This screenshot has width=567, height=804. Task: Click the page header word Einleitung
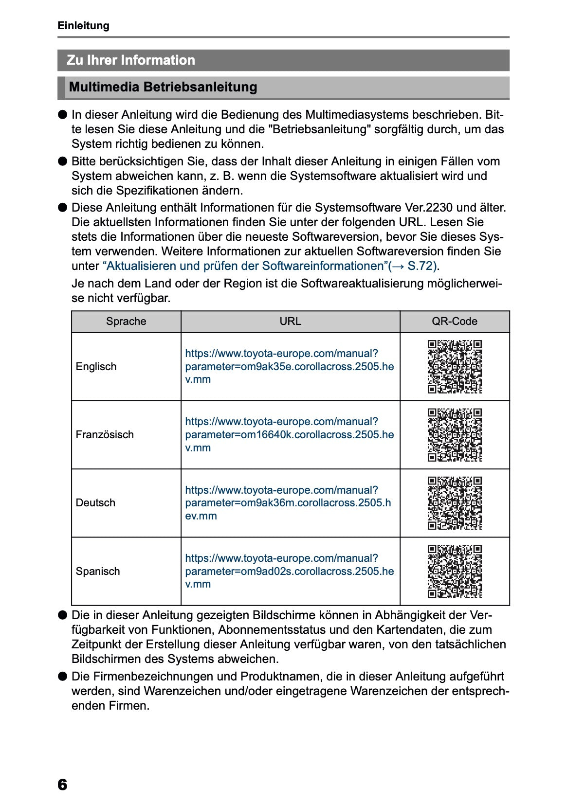coord(83,26)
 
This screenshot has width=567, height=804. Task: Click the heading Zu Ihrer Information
coord(130,60)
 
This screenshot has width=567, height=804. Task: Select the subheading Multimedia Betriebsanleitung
coord(163,87)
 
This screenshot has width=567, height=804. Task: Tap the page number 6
coord(62,785)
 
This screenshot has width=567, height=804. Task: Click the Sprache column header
coord(126,322)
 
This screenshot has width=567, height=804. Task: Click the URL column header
coord(290,322)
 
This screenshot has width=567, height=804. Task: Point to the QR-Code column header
coord(454,322)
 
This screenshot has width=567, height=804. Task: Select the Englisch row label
coord(96,367)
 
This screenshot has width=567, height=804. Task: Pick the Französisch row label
coord(105,435)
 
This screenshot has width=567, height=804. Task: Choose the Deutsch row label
coord(95,503)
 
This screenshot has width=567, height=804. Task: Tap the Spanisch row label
coord(97,572)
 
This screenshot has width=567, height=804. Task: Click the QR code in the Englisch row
coord(455,367)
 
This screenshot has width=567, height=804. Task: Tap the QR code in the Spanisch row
coord(455,572)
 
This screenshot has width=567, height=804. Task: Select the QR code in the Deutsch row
coord(455,503)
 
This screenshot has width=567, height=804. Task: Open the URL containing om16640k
coord(289,435)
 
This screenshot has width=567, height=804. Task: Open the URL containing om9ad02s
coord(289,572)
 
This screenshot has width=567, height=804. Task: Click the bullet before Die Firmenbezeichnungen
coord(62,676)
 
